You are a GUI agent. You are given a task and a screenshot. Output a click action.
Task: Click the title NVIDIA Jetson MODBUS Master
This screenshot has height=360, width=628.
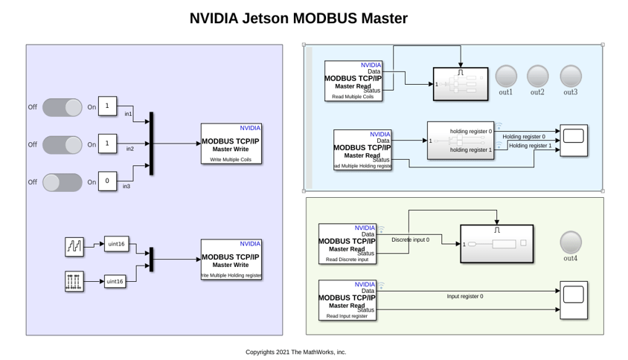point(298,18)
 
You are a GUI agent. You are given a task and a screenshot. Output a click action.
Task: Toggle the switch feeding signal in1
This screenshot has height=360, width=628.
point(63,107)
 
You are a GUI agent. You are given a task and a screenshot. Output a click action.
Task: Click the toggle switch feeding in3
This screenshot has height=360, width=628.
point(63,181)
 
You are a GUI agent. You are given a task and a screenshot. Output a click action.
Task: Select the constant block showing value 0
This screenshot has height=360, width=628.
point(107,181)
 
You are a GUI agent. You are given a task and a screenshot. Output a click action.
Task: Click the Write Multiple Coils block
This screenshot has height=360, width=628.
point(231,144)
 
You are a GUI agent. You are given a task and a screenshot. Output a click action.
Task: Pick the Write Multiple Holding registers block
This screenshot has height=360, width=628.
point(231,260)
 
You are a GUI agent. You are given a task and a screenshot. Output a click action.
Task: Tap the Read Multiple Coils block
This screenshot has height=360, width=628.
point(353,81)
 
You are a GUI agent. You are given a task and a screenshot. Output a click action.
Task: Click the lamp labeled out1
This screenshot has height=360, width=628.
point(506,76)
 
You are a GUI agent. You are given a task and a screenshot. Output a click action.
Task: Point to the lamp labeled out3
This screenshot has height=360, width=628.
point(570,76)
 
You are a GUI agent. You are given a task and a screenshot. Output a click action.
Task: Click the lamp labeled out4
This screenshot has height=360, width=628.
point(571,242)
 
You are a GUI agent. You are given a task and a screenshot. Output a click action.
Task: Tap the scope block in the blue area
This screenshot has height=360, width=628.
point(573,141)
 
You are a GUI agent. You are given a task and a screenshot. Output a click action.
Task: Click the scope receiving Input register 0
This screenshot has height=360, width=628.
point(573,300)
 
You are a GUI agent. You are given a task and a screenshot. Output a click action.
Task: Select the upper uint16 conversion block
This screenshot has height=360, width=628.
point(115,244)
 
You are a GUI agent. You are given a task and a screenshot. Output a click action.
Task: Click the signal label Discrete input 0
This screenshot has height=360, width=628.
point(410,240)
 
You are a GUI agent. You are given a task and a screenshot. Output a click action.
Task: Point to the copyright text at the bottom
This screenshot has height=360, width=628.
point(296,352)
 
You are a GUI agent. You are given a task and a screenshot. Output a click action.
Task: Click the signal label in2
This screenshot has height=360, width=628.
point(130,149)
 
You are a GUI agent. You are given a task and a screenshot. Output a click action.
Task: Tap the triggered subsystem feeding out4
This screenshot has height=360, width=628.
point(496,244)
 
